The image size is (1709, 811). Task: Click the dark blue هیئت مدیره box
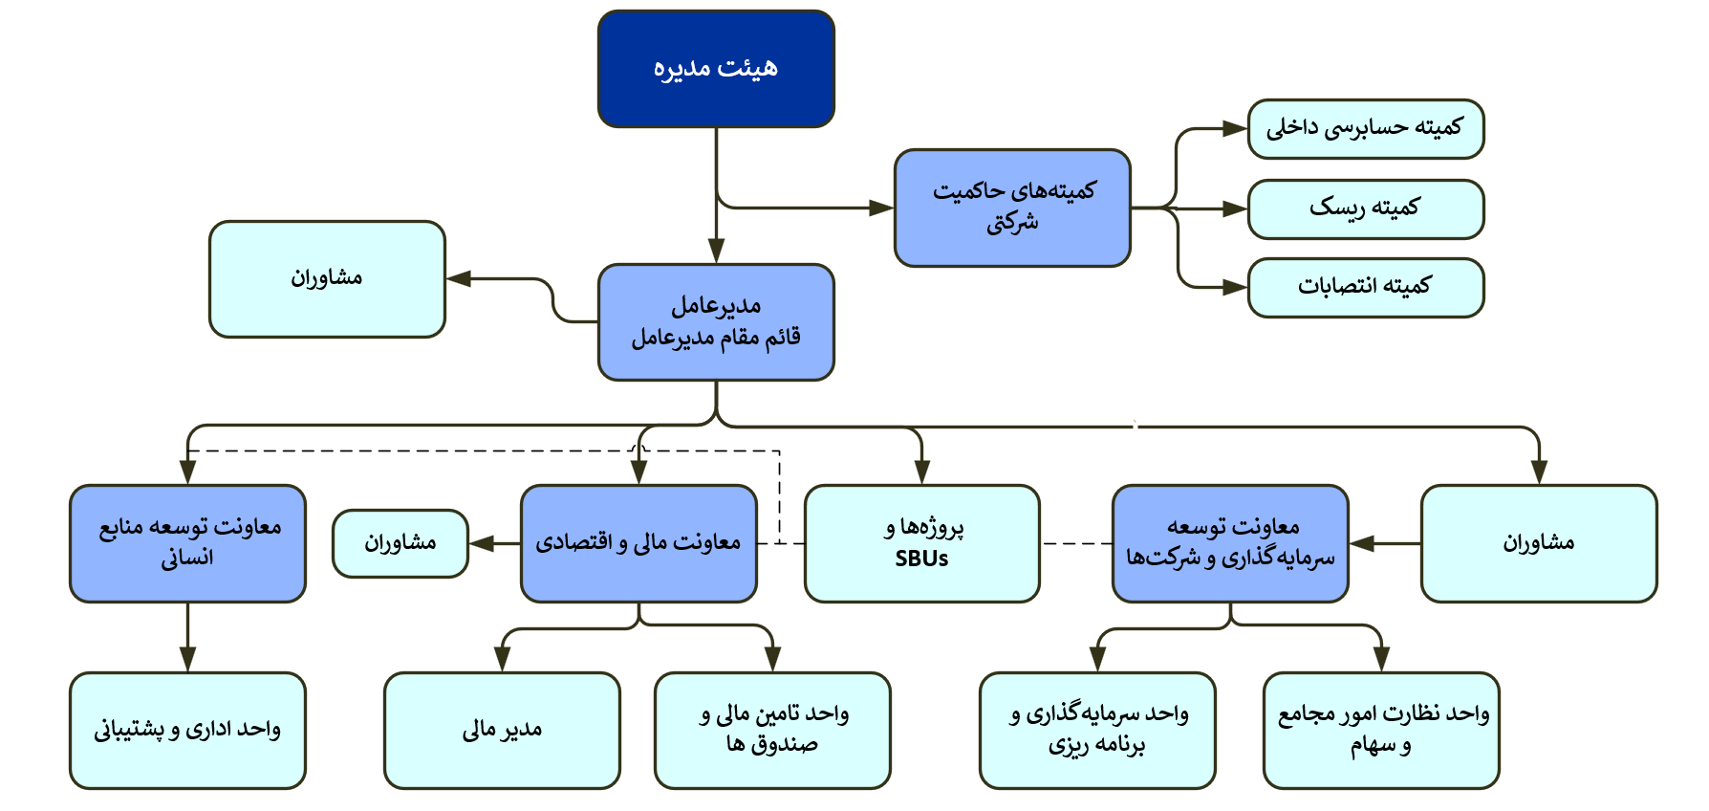716,69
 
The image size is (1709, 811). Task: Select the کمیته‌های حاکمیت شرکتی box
1012,208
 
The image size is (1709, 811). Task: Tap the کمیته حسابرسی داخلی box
1365,128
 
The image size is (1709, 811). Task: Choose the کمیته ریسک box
1365,208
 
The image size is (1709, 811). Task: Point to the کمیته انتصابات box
1365,287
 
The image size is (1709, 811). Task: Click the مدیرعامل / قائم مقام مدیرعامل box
716,322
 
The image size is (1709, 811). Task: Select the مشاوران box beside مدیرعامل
327,279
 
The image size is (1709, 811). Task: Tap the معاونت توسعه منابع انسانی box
187,543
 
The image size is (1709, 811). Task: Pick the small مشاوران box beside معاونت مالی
400,543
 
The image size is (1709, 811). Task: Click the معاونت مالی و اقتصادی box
638,543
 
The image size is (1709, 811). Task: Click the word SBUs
921,559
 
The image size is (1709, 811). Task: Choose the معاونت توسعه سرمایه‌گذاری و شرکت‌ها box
1230,543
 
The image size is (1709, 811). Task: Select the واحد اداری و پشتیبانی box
187,731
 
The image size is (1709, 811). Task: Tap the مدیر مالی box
502,731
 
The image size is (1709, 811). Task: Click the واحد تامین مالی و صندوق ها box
772,731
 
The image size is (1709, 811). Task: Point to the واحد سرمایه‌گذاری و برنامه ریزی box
1097,731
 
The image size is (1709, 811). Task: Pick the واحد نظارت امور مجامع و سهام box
1381,731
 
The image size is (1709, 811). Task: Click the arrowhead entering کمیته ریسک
1236,208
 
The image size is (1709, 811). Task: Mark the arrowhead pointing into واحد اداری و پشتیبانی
187,660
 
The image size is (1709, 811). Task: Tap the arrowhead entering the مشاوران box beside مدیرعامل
459,279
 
